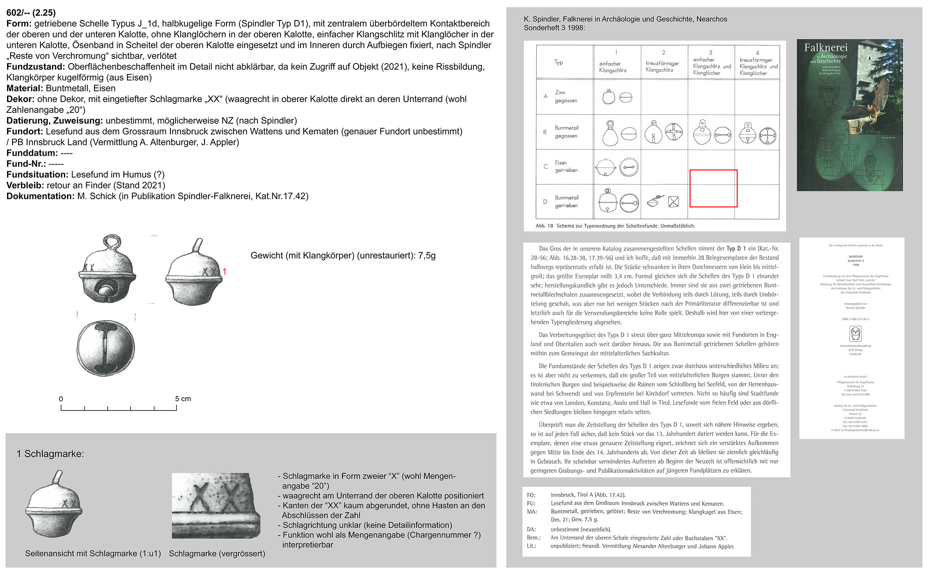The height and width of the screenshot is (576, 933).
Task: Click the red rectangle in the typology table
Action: pos(713,188)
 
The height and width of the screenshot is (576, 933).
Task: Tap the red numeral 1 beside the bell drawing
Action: pos(225,272)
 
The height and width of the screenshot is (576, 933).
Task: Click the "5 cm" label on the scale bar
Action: pos(183,399)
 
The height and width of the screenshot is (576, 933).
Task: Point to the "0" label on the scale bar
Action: pos(61,399)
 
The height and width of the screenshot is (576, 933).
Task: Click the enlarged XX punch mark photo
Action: pos(216,505)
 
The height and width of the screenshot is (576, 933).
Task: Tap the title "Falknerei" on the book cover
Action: pos(826,48)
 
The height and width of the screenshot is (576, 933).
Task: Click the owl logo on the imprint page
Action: pos(855,334)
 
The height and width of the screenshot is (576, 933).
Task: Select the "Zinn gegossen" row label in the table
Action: pos(565,96)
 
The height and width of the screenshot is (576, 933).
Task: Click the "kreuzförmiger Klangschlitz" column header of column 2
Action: pos(663,66)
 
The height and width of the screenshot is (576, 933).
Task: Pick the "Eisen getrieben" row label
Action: pos(566,166)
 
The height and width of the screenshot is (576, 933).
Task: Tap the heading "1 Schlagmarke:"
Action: pos(50,454)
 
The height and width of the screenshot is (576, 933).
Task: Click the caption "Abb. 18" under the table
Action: pos(544,226)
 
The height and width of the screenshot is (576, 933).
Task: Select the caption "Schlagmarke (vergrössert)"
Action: pos(217,554)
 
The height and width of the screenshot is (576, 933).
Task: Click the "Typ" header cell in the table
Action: pos(558,62)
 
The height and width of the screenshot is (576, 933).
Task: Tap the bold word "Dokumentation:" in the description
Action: pos(40,196)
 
